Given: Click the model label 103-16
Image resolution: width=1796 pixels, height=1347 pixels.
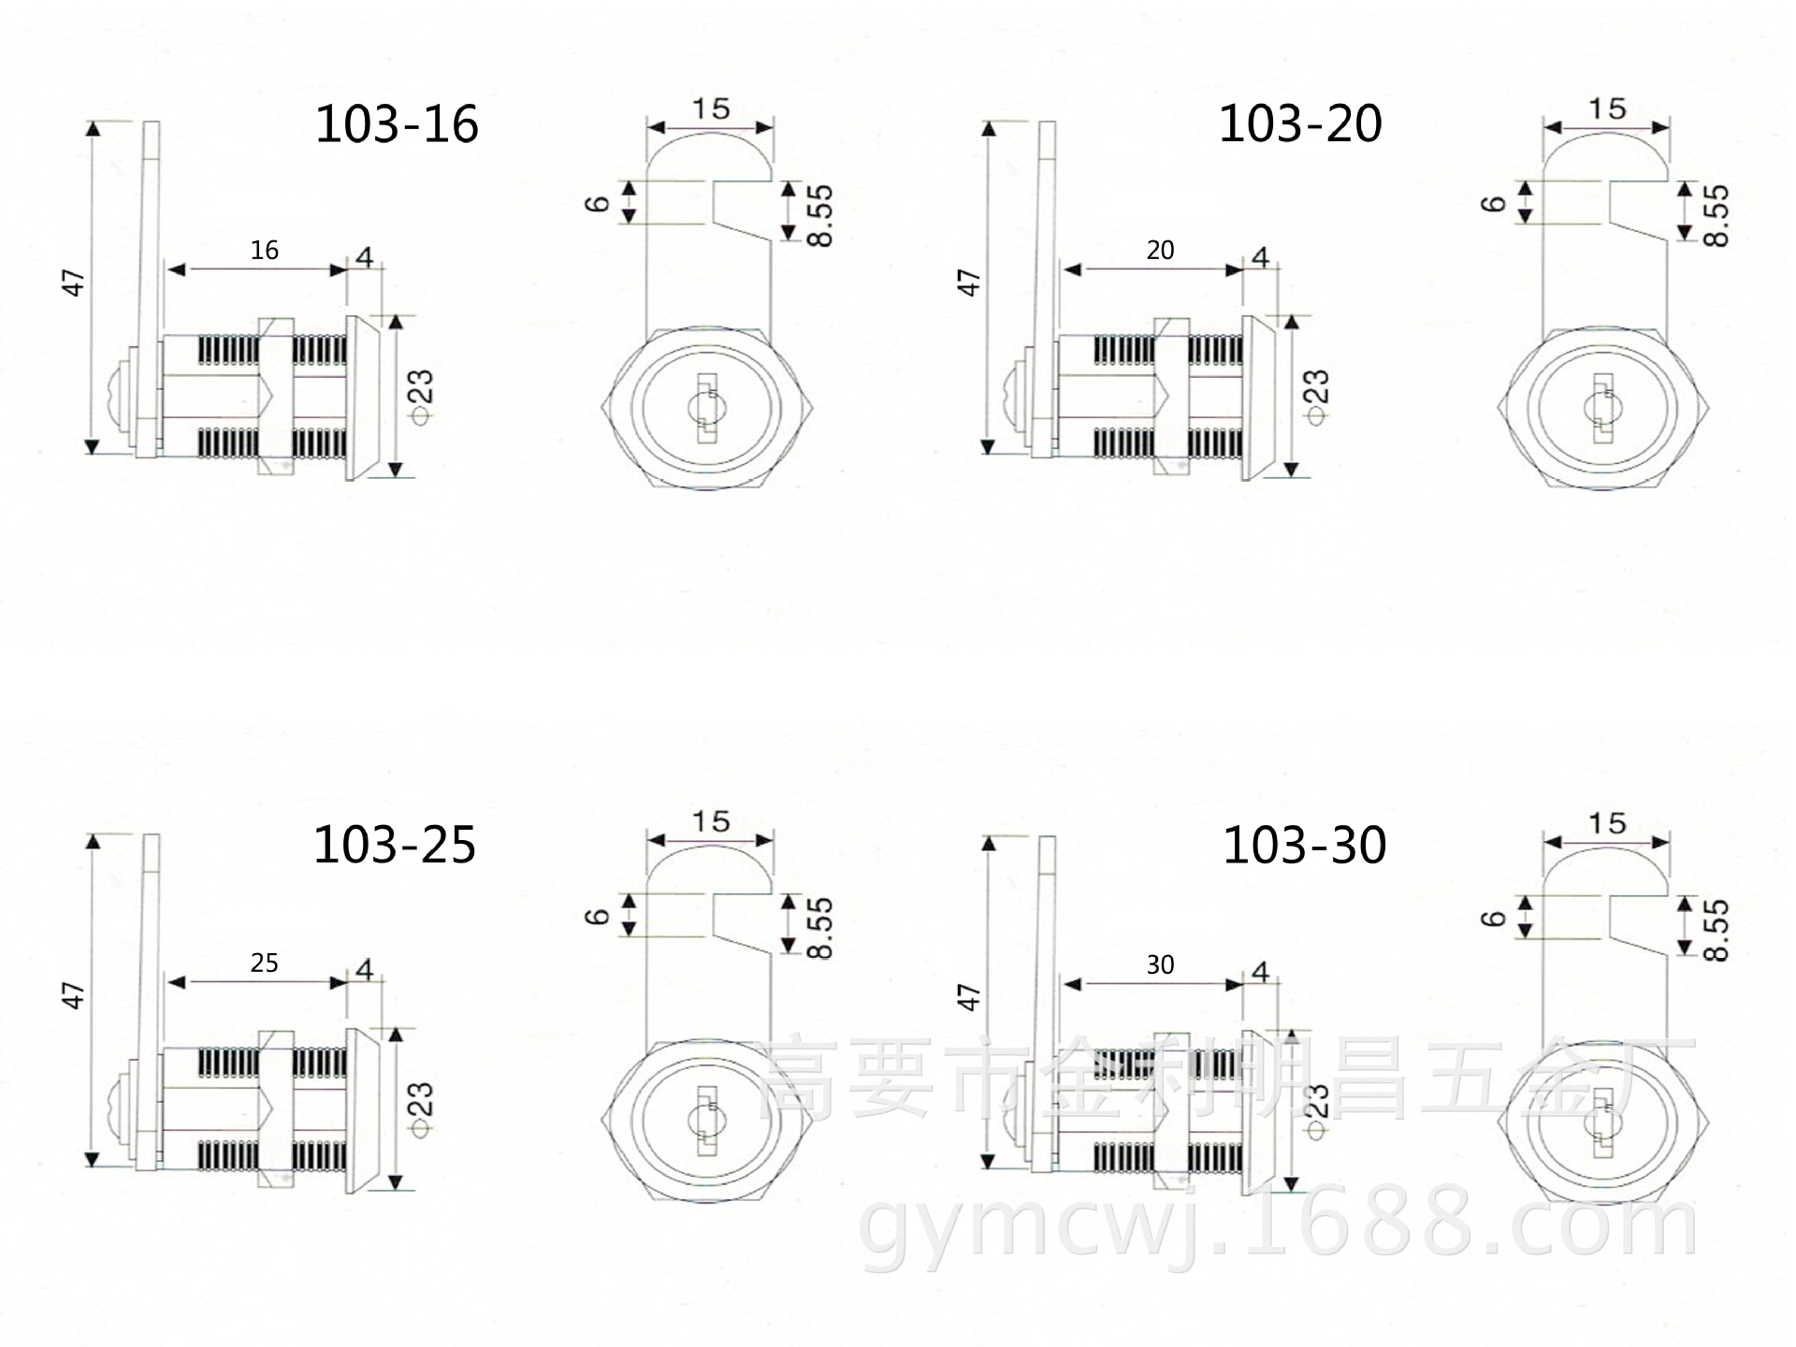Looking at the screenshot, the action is pos(397,124).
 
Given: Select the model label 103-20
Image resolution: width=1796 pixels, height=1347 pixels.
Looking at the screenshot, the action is pos(1300,123).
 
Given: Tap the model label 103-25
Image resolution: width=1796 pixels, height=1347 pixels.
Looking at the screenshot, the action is pos(395,845).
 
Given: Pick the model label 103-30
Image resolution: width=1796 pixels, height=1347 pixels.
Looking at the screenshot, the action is pos(1305,845).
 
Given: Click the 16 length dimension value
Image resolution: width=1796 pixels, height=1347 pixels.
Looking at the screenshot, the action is pos(265,251).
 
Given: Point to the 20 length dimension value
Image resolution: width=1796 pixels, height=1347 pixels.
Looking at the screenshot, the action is pos(1160,251).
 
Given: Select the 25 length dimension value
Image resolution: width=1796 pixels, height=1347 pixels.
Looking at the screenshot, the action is pos(265,963).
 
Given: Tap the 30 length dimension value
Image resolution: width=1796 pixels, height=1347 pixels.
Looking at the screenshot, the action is pos(1160,964).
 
